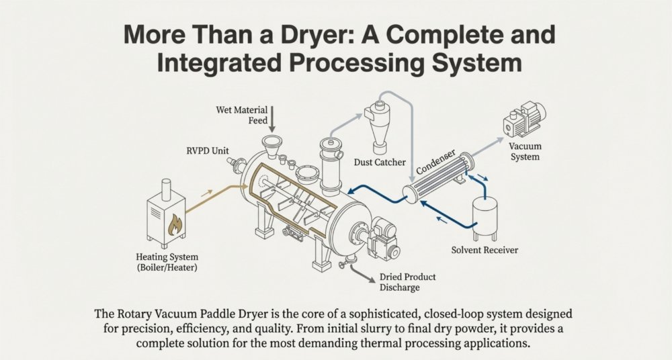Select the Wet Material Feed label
(x=242, y=116)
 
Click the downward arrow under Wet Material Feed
(x=271, y=119)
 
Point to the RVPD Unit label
(x=208, y=151)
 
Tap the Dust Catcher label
(x=380, y=163)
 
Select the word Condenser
(x=435, y=162)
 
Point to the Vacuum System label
(x=525, y=151)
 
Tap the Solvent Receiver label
(x=485, y=250)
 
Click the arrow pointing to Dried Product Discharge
(x=363, y=275)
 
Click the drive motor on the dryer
(x=384, y=238)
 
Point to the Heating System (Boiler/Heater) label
(x=167, y=263)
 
